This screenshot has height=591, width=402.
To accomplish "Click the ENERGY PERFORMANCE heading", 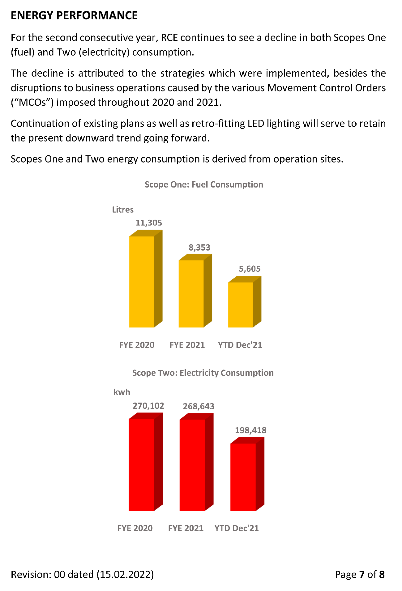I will point(74,15).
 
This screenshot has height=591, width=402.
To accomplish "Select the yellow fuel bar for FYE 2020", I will point(142,281).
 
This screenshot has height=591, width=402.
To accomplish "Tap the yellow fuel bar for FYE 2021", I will point(191,293).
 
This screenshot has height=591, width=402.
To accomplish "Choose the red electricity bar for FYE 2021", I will point(192,465).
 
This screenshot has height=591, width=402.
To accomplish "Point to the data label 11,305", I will point(149,223).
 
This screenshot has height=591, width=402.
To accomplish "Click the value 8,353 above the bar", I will point(199,247).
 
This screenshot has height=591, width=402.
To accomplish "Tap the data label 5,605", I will point(250,269).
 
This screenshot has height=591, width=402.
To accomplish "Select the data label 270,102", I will point(148,406).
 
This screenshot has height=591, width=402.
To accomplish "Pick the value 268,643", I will point(199,406).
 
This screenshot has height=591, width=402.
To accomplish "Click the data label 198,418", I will point(250,430).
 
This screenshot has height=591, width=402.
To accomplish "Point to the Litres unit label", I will point(123,210).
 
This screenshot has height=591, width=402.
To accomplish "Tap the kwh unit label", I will point(122,392).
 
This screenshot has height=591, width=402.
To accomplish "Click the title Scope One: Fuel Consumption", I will point(204,184).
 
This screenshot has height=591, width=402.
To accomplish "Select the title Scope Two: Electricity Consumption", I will point(203,373).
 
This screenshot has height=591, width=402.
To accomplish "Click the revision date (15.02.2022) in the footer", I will point(125,574).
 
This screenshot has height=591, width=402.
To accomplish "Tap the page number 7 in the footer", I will point(362,574).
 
